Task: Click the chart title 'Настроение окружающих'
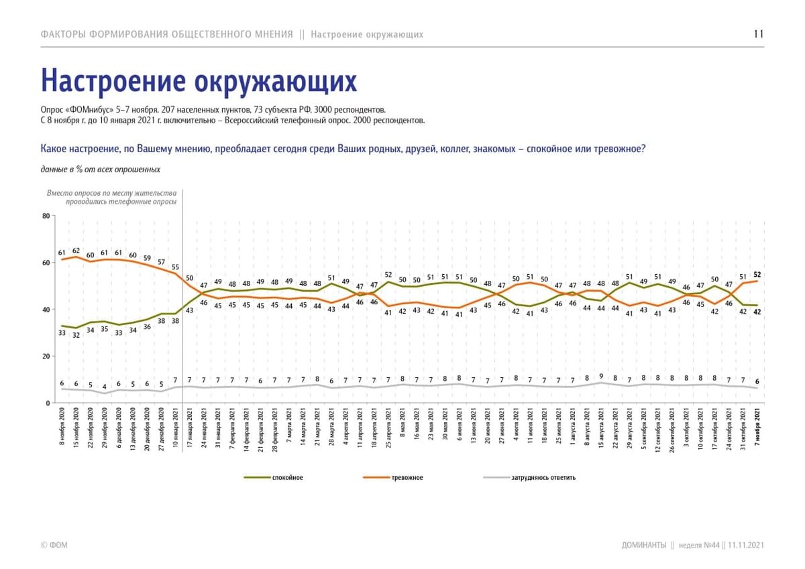click(199, 80)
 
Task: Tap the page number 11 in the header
click(759, 34)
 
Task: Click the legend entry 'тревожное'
click(407, 478)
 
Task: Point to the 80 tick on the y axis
click(46, 216)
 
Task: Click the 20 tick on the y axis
click(46, 357)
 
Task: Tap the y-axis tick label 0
click(48, 403)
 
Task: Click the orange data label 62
click(76, 250)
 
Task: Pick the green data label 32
click(76, 335)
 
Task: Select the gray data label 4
click(105, 387)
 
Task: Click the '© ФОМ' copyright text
click(54, 546)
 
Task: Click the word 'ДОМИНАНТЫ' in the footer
click(643, 546)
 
